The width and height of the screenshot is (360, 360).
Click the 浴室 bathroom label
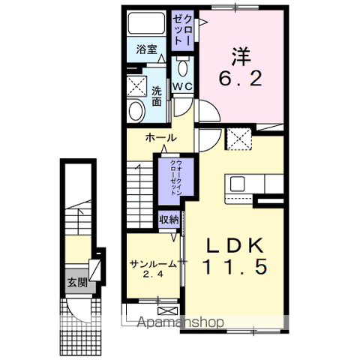tap(147, 50)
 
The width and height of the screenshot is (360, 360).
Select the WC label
tap(183, 87)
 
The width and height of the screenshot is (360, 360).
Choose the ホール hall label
tap(160, 138)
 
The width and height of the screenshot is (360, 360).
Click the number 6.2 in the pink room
tap(241, 79)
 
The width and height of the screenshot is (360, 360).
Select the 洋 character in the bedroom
tap(241, 55)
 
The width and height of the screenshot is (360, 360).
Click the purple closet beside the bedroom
tap(183, 31)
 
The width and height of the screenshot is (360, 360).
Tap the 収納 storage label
tap(169, 220)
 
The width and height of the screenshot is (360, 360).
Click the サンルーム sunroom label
tap(152, 264)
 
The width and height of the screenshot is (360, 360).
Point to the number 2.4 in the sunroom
tap(153, 276)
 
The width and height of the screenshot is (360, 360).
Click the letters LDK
tap(233, 244)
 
